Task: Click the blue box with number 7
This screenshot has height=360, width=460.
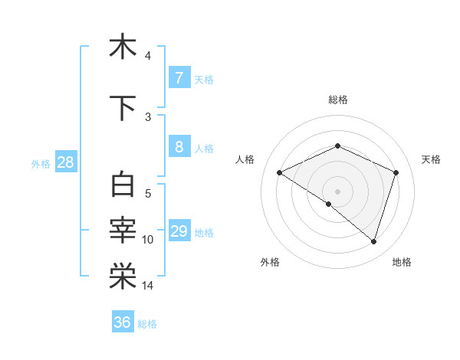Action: pyautogui.click(x=179, y=77)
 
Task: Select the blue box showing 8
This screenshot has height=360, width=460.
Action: pyautogui.click(x=179, y=147)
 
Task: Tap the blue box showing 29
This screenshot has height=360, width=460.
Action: pyautogui.click(x=179, y=231)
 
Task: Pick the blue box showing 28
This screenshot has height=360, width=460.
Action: pyautogui.click(x=64, y=162)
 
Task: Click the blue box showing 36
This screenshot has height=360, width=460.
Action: pyautogui.click(x=122, y=322)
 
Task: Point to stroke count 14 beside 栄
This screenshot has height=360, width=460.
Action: pyautogui.click(x=148, y=286)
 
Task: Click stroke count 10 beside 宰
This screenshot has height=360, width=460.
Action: pyautogui.click(x=148, y=240)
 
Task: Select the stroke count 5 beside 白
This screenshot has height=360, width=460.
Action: pyautogui.click(x=148, y=194)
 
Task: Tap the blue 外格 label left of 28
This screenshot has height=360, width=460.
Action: pyautogui.click(x=41, y=163)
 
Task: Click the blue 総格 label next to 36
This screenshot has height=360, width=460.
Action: pyautogui.click(x=147, y=324)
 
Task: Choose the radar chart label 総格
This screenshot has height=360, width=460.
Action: pyautogui.click(x=338, y=100)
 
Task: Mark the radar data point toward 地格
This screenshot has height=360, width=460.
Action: pyautogui.click(x=373, y=242)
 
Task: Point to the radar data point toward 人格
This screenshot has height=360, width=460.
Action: pyautogui.click(x=279, y=173)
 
